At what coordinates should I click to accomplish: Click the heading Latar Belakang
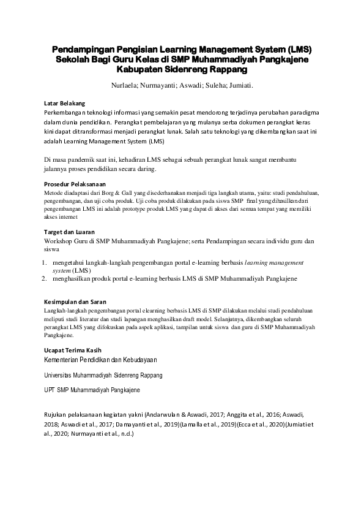[65, 103]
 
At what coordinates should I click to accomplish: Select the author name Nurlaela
[125, 86]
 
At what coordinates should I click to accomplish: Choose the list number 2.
[45, 278]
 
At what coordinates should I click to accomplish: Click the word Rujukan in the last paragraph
[57, 414]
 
